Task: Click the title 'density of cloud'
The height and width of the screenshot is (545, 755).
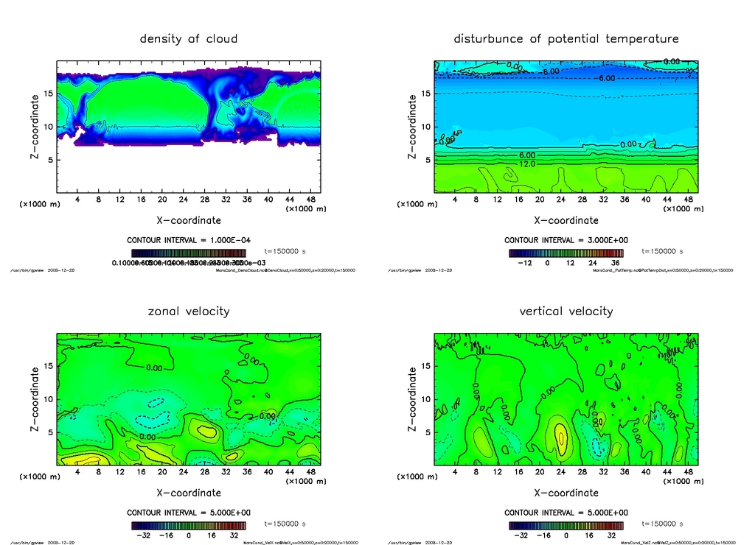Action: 189,38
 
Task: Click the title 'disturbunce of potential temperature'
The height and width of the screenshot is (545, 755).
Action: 566,38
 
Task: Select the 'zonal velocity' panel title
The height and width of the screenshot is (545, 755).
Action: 189,311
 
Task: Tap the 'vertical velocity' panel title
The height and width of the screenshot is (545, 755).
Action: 566,311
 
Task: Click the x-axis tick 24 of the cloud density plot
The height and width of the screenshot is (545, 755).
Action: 183,199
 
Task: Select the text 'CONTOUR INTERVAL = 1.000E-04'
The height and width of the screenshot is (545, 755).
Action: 189,240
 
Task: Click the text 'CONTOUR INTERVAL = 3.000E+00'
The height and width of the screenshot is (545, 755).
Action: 566,240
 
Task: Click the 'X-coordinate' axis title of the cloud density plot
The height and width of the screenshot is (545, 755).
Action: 189,219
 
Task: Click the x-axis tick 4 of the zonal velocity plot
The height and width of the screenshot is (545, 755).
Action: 77,471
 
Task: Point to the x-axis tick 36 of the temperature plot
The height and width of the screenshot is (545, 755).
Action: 624,199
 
